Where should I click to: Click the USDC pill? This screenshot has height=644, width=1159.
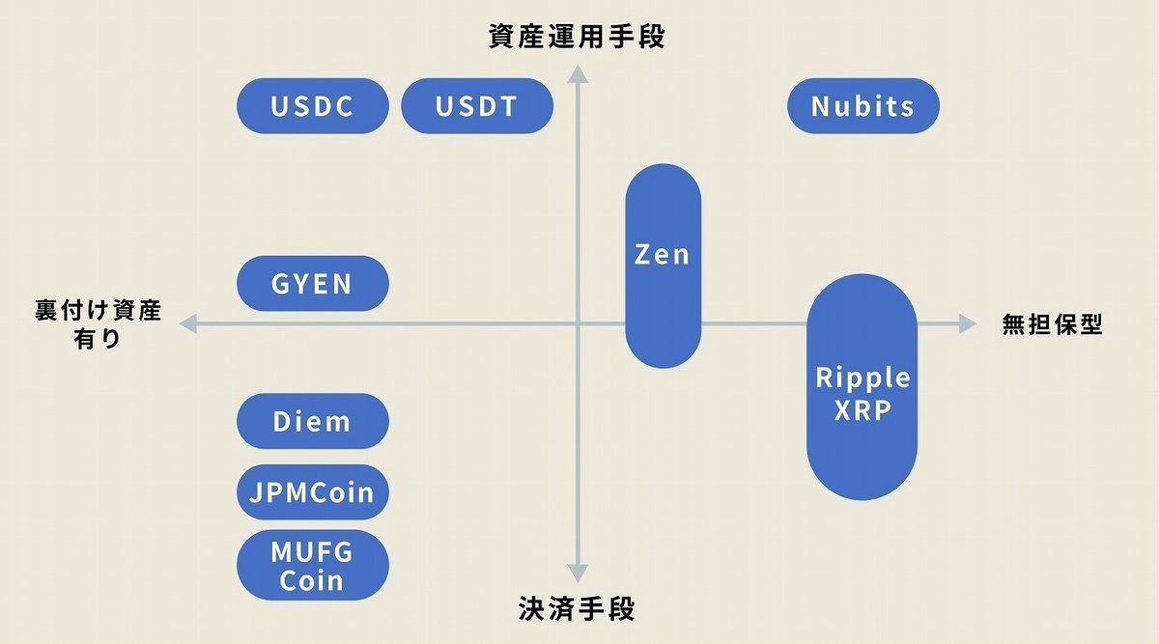pos(312,105)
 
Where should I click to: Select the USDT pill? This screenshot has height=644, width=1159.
pos(476,105)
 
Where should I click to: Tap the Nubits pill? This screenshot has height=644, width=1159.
pos(862,105)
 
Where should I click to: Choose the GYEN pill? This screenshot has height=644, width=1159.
pos(312,284)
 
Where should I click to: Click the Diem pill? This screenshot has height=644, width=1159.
pos(312,421)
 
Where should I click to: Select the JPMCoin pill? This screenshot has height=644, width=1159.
pos(312,491)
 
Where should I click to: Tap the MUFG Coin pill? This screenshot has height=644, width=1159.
pos(312,565)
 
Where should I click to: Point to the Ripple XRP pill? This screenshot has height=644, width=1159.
pos(862,390)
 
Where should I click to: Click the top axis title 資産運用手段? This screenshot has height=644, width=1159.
pos(577,37)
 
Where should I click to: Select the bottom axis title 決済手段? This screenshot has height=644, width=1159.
pos(577,610)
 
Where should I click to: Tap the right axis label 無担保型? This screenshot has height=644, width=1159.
pos(1052,325)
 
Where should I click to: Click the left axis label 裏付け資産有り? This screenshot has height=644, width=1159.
pos(98,324)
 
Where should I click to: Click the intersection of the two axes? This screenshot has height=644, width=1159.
pos(578,325)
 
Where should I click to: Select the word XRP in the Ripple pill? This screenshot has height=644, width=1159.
pos(862,409)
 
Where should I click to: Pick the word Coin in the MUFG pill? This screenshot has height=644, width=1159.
pos(312,580)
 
